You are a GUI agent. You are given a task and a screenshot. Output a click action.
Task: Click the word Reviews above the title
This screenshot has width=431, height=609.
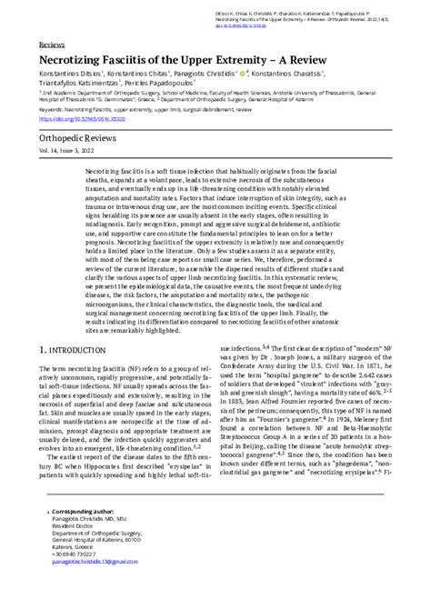pos(55,44)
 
